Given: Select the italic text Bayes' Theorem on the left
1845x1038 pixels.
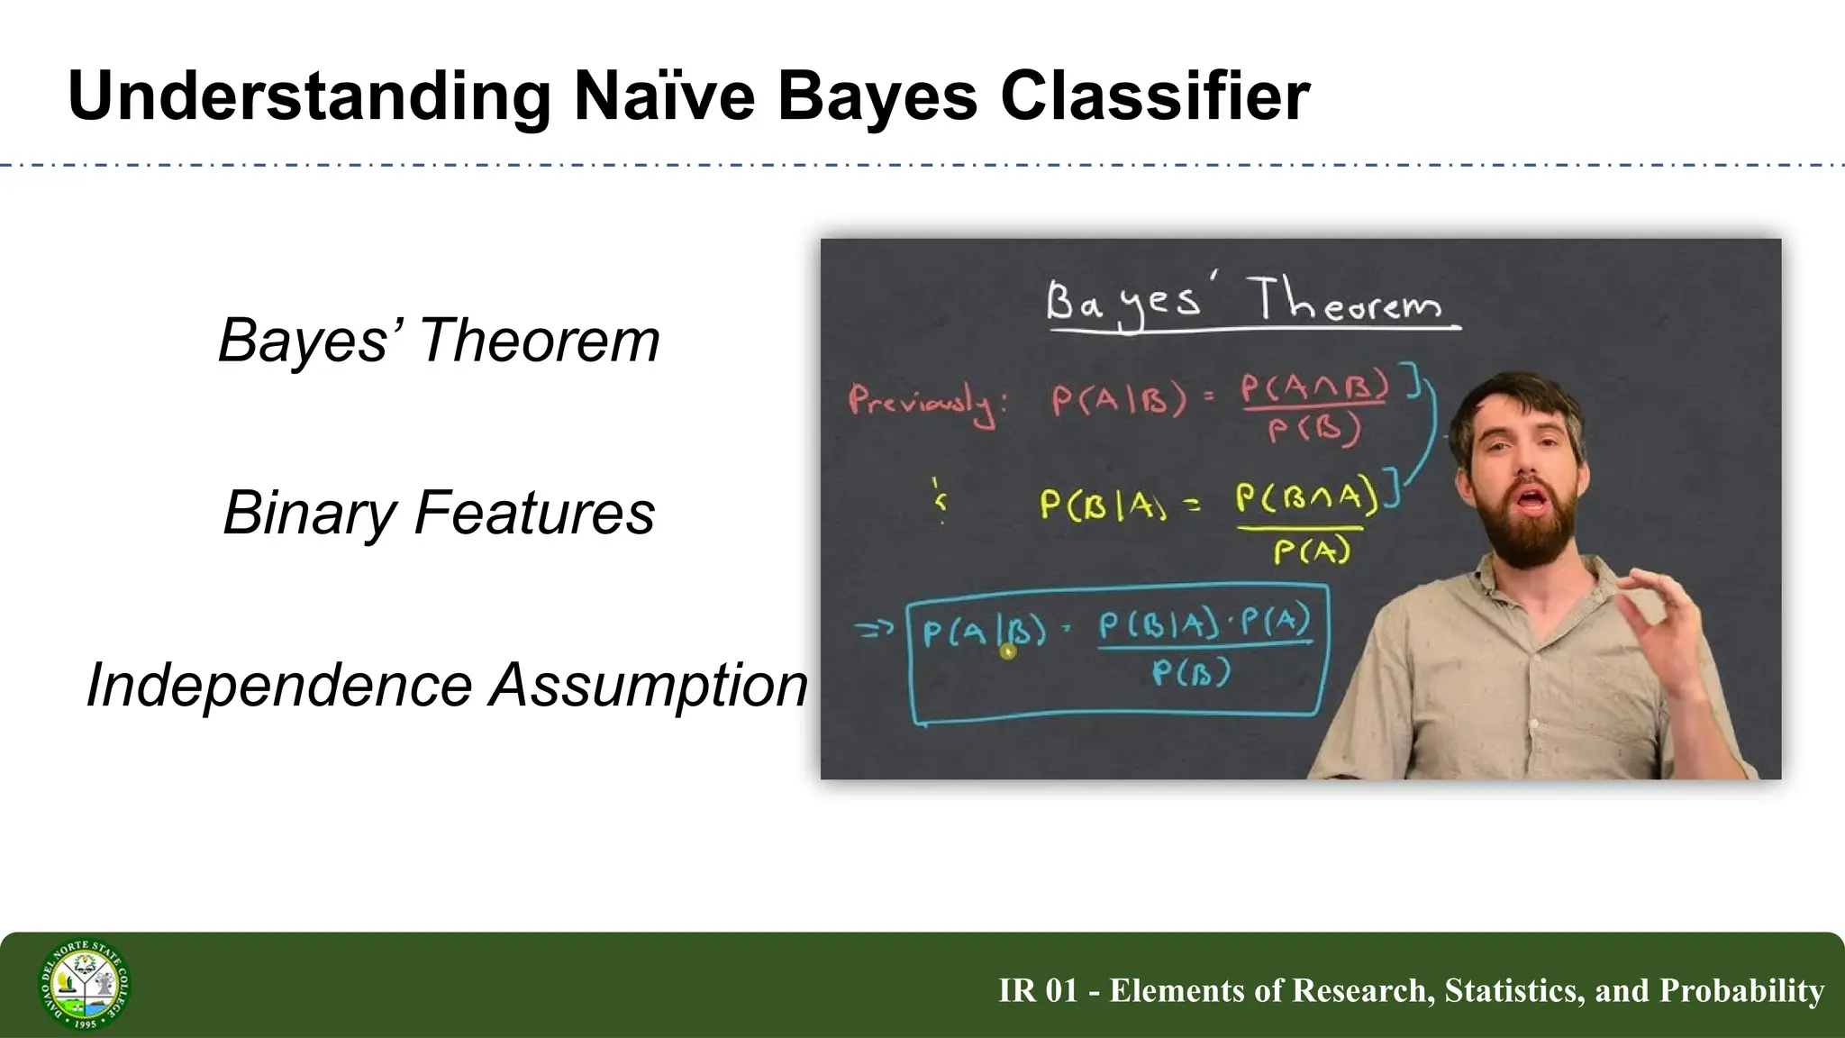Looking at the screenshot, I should coord(439,341).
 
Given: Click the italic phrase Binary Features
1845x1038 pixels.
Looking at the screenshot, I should coord(439,513).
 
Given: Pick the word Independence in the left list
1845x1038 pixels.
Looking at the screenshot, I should coord(279,685).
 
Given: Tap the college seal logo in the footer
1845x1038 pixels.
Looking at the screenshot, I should coord(85,985).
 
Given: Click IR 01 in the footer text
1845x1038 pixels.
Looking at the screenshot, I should coord(1038,990).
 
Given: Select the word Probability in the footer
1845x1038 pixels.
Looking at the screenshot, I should coord(1741,990).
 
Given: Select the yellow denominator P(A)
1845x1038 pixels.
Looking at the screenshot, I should coord(1312,550).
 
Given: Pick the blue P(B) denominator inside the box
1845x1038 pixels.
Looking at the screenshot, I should coord(1191,672).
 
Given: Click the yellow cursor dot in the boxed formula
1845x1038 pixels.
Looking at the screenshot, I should coord(1008,651).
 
